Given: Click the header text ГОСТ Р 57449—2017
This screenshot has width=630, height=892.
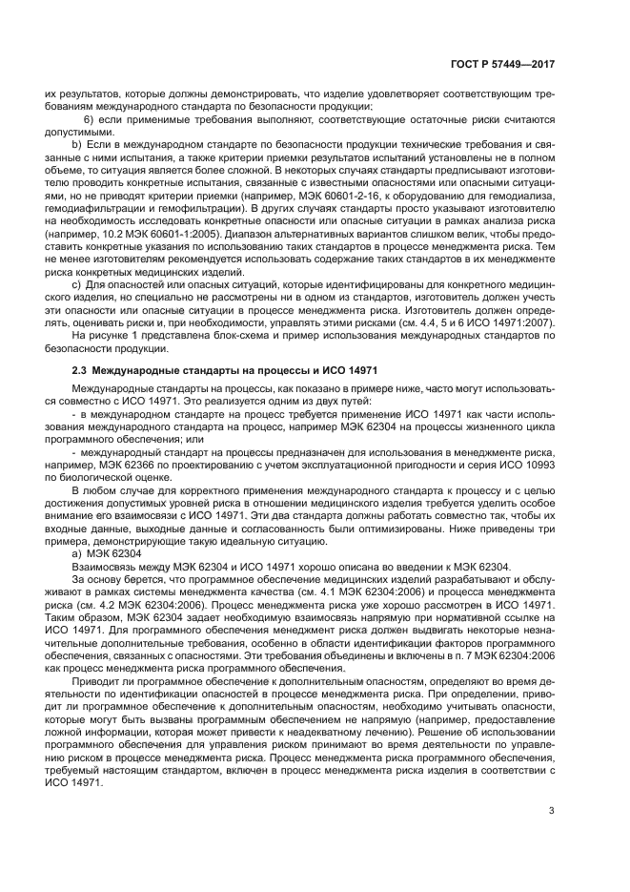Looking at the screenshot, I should [503, 67].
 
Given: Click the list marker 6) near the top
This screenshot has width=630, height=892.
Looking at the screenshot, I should [91, 119].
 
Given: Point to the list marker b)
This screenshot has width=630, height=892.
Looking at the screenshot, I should [78, 153].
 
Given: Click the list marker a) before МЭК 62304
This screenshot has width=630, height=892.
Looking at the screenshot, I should [78, 554].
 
